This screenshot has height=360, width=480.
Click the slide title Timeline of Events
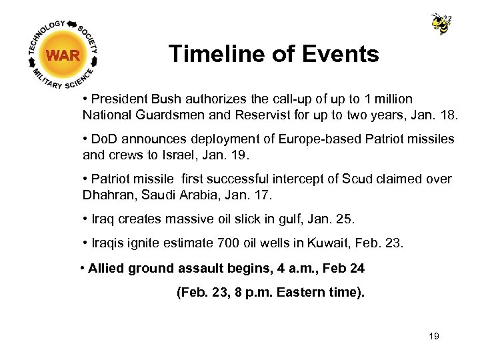[x=273, y=54]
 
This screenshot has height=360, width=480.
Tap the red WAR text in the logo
[x=63, y=55]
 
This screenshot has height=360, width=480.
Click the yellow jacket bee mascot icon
[x=441, y=24]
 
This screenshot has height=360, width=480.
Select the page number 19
[x=434, y=336]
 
